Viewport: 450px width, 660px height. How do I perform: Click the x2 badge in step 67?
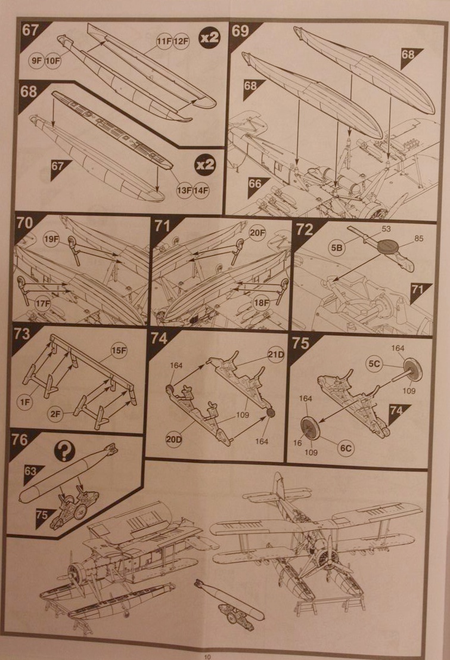pos(210,37)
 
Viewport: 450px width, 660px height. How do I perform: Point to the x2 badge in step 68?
pos(205,165)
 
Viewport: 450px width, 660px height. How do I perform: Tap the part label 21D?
pos(275,356)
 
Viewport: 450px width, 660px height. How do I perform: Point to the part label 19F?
pos(52,240)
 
